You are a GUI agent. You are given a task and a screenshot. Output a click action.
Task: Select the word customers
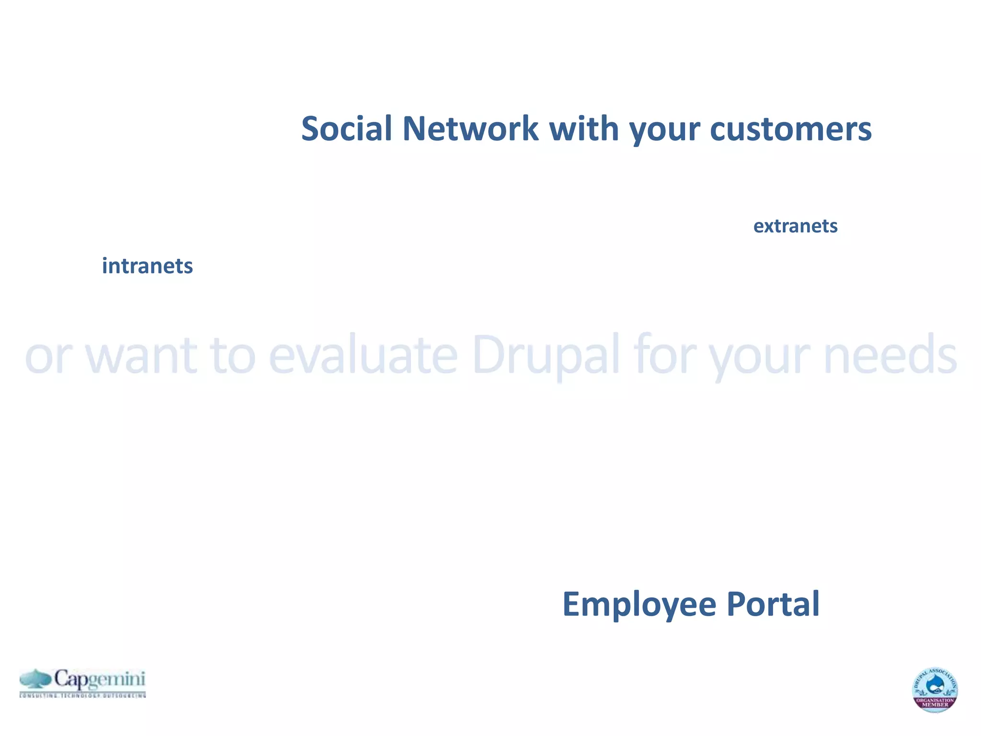click(790, 129)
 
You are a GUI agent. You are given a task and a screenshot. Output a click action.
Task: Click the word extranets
click(795, 226)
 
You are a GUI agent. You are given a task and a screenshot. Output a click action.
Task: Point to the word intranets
click(147, 266)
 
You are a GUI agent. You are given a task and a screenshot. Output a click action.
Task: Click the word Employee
click(639, 605)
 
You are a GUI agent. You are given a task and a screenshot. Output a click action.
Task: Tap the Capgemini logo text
click(99, 679)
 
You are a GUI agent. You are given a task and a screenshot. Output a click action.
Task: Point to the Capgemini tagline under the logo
click(82, 695)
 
